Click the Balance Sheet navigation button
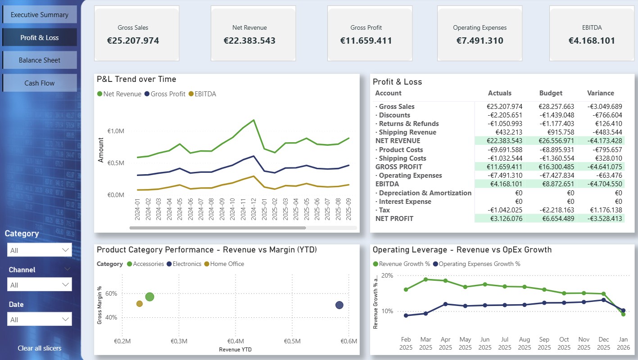tap(40, 60)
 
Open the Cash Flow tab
tap(40, 83)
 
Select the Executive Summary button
tap(40, 15)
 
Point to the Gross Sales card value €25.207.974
tap(133, 41)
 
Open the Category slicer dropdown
tap(40, 250)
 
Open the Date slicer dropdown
tap(40, 319)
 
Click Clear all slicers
tap(40, 348)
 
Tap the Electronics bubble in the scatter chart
tap(339, 305)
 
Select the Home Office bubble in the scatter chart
tap(140, 304)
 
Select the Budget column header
tap(551, 93)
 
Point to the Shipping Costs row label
tap(402, 158)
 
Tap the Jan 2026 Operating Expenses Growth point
tap(624, 310)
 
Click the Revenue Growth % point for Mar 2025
tap(425, 279)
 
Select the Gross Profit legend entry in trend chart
tap(164, 94)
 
